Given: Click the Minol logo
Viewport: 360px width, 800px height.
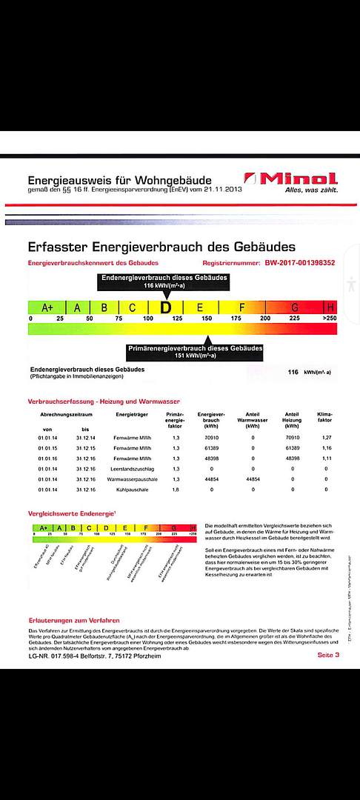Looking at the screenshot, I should coord(291,180).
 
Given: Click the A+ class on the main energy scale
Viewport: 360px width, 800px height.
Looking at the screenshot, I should coord(47,307).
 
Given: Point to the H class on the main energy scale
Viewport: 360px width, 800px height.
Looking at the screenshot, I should coord(330,307).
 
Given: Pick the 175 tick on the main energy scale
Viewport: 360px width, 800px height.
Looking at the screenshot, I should coord(236,319).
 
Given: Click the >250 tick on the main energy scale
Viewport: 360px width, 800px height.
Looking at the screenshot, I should coord(330,319).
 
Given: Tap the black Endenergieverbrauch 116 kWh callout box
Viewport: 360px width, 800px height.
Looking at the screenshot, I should coord(165,281).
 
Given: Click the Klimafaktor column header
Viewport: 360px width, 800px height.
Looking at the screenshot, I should coord(324,419).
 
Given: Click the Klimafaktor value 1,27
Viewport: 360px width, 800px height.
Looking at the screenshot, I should coord(324,439).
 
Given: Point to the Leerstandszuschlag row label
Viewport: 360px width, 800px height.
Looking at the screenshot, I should coord(134,469).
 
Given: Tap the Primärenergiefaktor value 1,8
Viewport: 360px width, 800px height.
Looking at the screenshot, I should coord(176,490).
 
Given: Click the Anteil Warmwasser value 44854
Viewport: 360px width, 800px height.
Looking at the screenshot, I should coord(253,479).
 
